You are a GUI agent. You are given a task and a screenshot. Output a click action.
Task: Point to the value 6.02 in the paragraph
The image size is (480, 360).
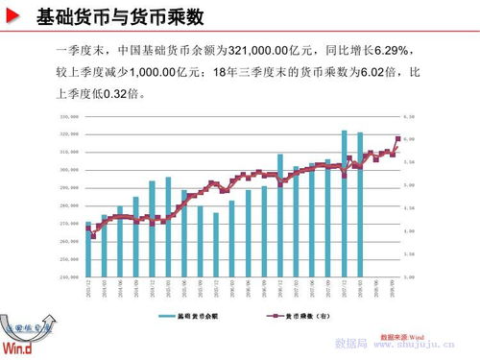(x=373, y=73)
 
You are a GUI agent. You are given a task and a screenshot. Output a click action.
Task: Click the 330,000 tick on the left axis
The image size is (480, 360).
(x=69, y=116)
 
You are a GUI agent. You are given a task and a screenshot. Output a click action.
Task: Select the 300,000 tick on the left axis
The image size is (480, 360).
(x=69, y=170)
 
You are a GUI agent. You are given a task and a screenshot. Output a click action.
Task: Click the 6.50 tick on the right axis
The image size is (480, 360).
(x=409, y=116)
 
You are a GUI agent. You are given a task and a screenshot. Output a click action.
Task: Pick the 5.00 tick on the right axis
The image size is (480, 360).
(x=409, y=185)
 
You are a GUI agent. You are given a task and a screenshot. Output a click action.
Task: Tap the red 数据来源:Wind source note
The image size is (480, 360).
(x=402, y=337)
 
